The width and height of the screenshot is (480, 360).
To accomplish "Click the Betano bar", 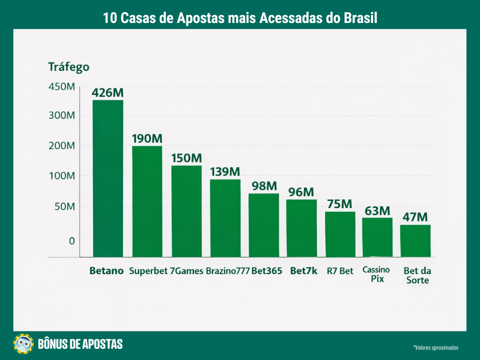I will click(x=108, y=178).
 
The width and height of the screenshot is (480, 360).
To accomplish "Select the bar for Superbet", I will click(x=147, y=201).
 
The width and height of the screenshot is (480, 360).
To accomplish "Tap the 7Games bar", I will click(x=186, y=211).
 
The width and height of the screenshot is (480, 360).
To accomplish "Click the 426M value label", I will click(x=108, y=92).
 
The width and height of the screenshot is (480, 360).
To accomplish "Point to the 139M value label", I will click(x=225, y=172).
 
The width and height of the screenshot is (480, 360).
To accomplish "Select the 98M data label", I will click(x=264, y=186).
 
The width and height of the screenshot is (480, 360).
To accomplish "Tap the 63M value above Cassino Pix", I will click(x=377, y=210).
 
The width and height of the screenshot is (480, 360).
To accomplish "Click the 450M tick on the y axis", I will click(x=61, y=87).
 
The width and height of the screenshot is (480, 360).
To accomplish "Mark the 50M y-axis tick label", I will click(x=63, y=207).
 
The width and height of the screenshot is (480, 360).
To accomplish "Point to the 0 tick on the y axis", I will click(x=72, y=241).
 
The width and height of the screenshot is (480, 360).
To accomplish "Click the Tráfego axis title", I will click(x=68, y=67).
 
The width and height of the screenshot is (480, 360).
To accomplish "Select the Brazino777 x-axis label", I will click(x=228, y=271).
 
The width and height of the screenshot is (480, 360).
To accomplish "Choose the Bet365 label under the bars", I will click(x=267, y=271).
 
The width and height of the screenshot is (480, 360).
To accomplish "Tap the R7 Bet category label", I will click(x=340, y=271).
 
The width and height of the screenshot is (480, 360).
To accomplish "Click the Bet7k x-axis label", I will click(x=304, y=271).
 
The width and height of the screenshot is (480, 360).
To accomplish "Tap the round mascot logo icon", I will click(x=24, y=344).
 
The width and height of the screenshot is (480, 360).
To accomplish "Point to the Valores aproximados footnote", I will click(x=435, y=348).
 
